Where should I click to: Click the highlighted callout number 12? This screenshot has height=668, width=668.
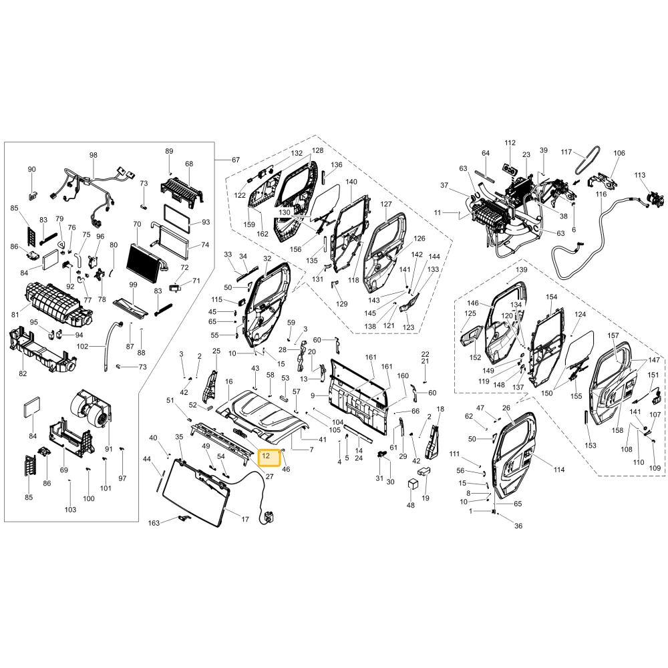pyautogui.click(x=266, y=456)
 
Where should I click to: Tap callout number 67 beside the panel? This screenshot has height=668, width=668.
pyautogui.click(x=236, y=160)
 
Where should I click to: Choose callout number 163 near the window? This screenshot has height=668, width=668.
pyautogui.click(x=154, y=523)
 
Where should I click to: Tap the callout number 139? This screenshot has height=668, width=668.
pyautogui.click(x=522, y=270)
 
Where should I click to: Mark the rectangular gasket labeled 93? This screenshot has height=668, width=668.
pyautogui.click(x=176, y=218)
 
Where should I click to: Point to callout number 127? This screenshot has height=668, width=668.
pyautogui.click(x=386, y=204)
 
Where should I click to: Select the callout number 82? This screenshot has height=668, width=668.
pyautogui.click(x=23, y=373)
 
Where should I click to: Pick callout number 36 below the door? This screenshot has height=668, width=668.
pyautogui.click(x=518, y=526)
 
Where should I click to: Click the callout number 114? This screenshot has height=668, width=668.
pyautogui.click(x=559, y=470)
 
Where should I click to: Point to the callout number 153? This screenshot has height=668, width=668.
pyautogui.click(x=591, y=445)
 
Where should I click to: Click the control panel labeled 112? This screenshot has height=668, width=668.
pyautogui.click(x=510, y=170)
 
